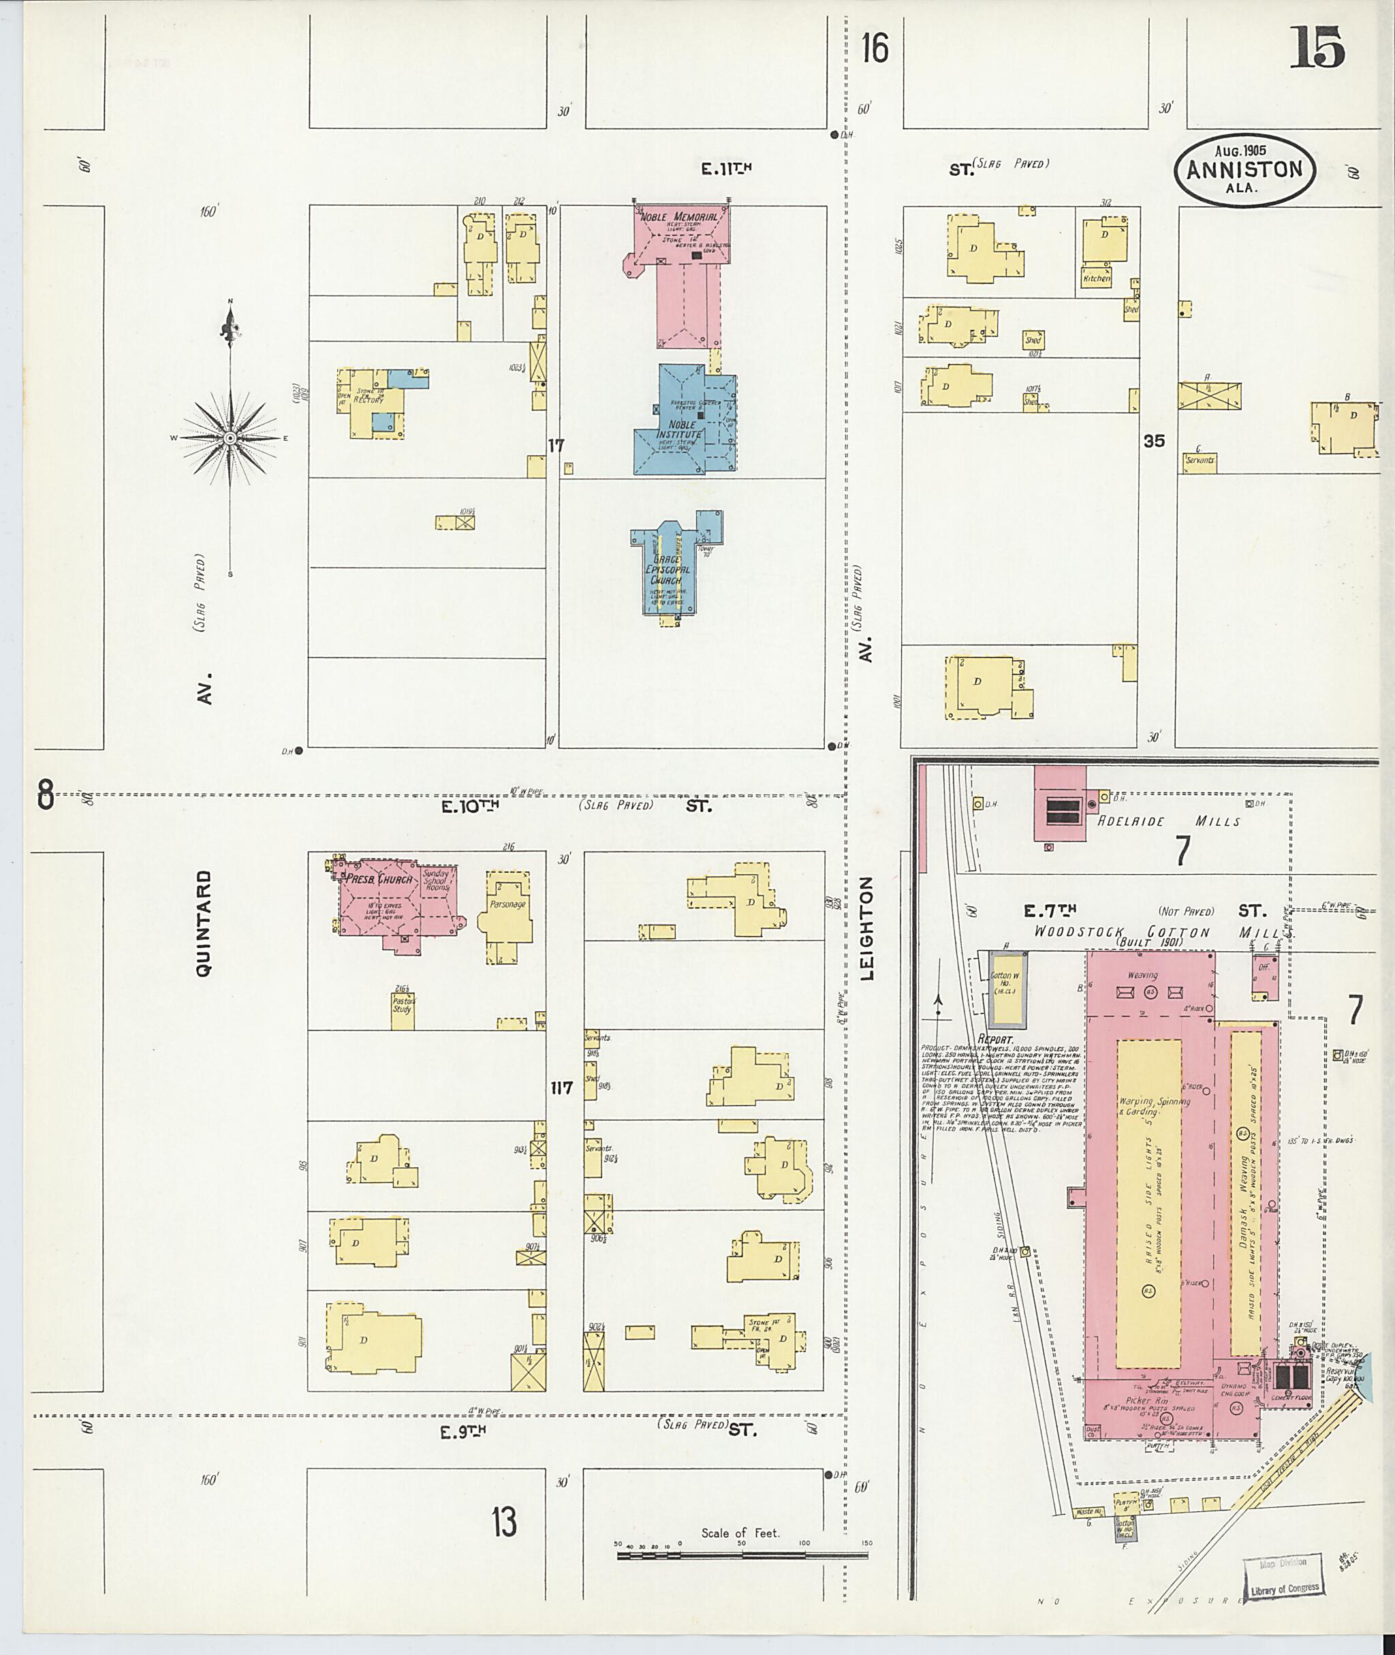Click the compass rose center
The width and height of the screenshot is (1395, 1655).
click(x=230, y=437)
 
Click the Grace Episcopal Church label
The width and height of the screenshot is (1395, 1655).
click(x=669, y=569)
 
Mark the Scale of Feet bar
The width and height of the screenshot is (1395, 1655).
click(x=741, y=1556)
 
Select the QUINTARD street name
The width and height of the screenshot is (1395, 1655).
click(x=204, y=923)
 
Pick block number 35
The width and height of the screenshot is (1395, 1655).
click(x=1154, y=442)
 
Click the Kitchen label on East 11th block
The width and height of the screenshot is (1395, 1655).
click(x=1096, y=279)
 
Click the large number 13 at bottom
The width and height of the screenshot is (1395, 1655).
click(x=504, y=1521)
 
